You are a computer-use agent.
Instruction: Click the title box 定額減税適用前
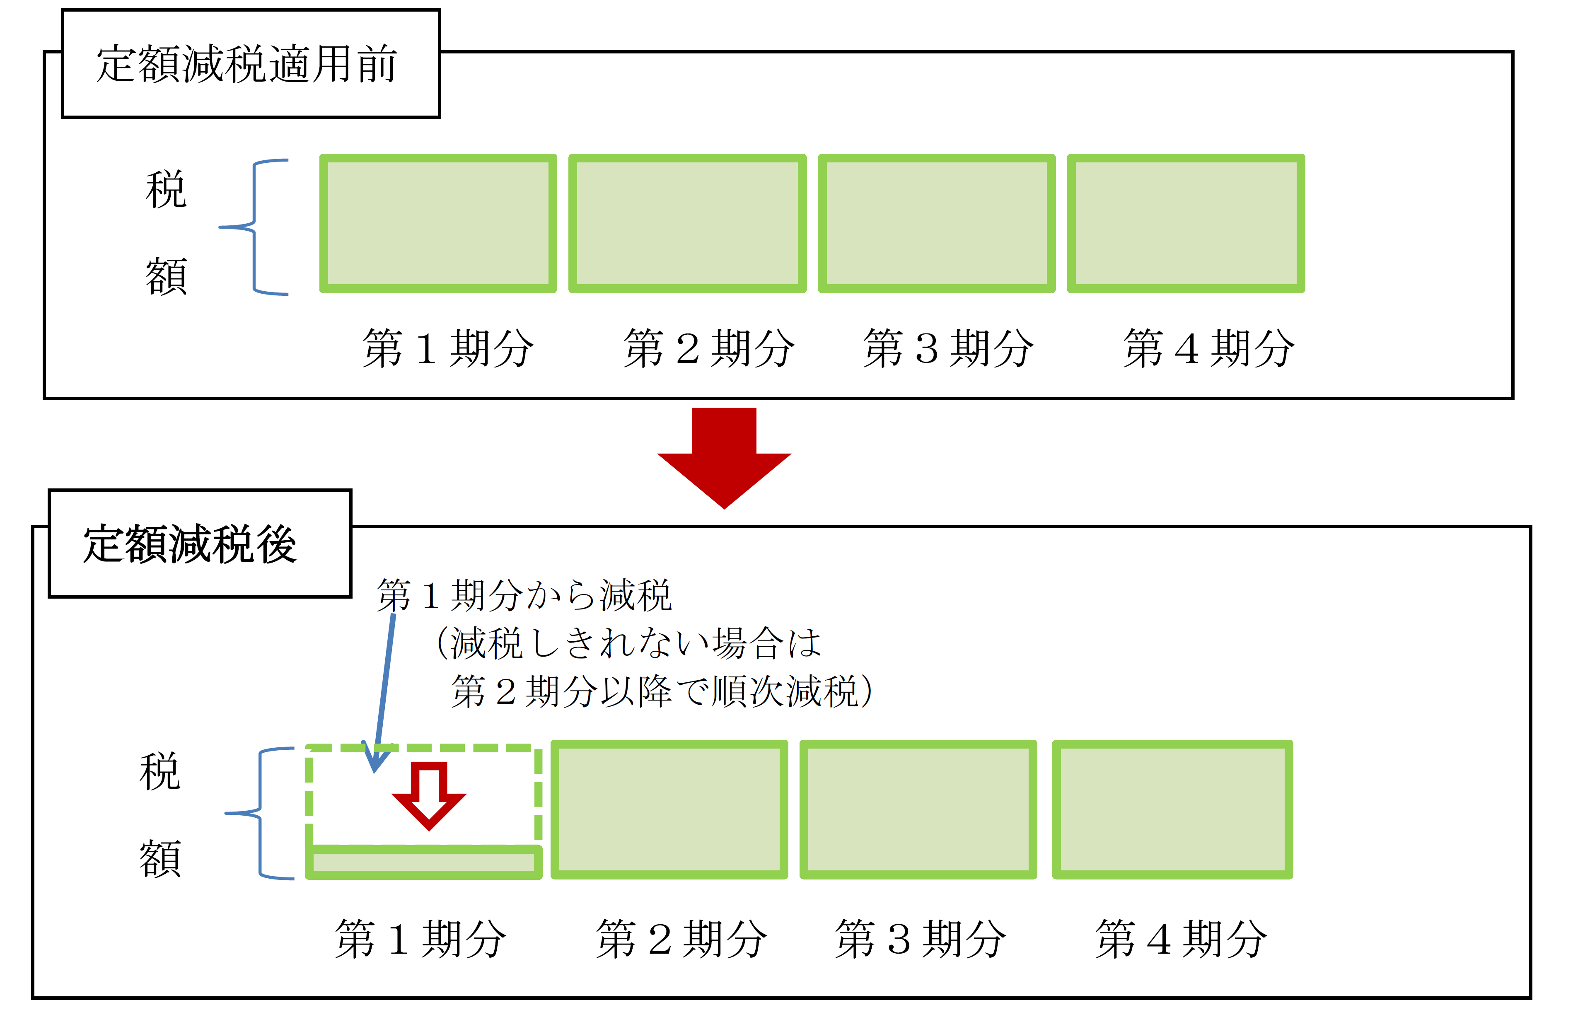pyautogui.click(x=251, y=63)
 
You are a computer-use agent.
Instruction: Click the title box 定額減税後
pyautogui.click(x=200, y=544)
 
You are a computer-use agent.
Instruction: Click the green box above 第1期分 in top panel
pyautogui.click(x=438, y=223)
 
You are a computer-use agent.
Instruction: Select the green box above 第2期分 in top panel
pyautogui.click(x=687, y=223)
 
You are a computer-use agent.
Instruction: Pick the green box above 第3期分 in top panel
pyautogui.click(x=937, y=223)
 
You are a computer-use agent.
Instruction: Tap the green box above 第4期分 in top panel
pyautogui.click(x=1186, y=223)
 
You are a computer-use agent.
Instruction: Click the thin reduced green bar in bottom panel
pyautogui.click(x=424, y=862)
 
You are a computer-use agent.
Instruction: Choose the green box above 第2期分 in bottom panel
pyautogui.click(x=669, y=810)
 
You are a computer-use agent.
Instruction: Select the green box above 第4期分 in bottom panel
pyautogui.click(x=1172, y=810)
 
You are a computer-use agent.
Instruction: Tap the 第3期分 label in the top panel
pyautogui.click(x=948, y=348)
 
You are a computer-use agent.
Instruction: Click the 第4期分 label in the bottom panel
pyautogui.click(x=1181, y=939)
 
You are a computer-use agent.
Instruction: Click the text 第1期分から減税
pyautogui.click(x=524, y=595)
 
